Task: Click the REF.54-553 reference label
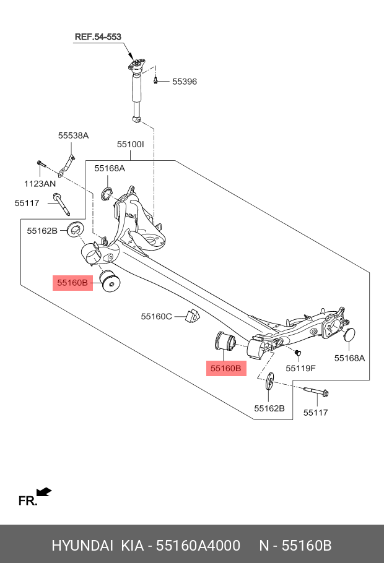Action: [98, 37]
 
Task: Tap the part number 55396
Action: [185, 82]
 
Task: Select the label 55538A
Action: [73, 135]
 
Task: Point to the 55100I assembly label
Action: [130, 144]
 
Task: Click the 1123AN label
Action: [40, 184]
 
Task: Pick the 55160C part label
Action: [157, 316]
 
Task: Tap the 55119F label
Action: [300, 368]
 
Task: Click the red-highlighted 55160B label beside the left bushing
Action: [72, 283]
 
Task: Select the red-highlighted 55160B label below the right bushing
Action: [226, 368]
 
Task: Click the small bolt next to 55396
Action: [155, 80]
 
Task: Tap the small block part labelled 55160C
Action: [192, 315]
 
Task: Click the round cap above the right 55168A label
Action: [349, 334]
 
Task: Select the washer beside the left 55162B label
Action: [76, 230]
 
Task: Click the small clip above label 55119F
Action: [298, 353]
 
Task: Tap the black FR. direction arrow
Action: [44, 492]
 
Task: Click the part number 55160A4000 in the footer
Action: [198, 546]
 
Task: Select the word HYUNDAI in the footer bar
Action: [82, 546]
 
